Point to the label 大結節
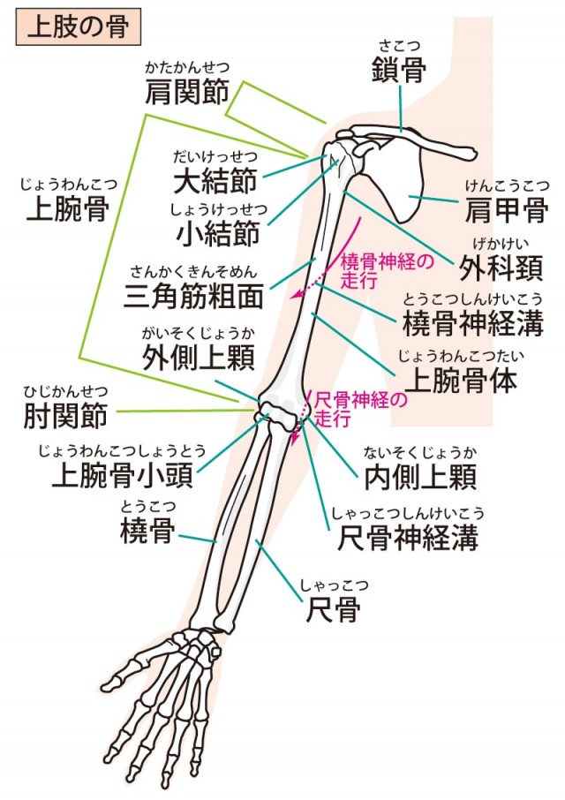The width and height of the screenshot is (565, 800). pyautogui.click(x=215, y=180)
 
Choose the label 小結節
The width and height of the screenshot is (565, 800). pyautogui.click(x=216, y=234)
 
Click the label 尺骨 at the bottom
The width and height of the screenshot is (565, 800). pyautogui.click(x=333, y=608)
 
